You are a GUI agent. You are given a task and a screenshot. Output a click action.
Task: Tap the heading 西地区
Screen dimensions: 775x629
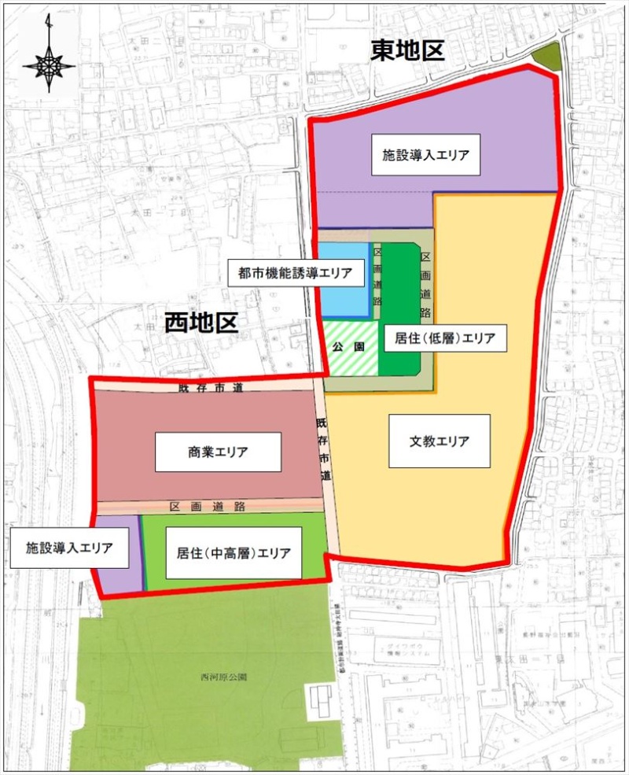click(x=201, y=323)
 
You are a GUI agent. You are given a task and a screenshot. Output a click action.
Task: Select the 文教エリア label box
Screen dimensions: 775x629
click(x=440, y=441)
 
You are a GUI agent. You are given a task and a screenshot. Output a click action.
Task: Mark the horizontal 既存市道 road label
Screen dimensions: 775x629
click(x=206, y=388)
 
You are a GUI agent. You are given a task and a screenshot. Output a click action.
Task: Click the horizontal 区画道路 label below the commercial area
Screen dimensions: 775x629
click(x=207, y=506)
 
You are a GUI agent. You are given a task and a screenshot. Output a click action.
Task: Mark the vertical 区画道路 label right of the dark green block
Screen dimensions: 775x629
click(x=425, y=283)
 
